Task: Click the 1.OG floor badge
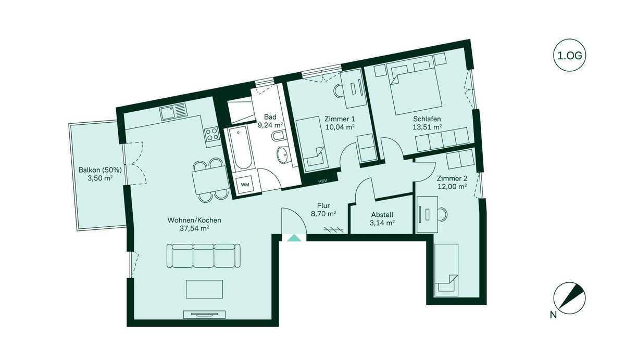(x=569, y=55)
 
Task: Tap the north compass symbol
(x=569, y=298)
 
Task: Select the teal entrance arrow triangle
(x=294, y=238)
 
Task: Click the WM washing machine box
(x=245, y=185)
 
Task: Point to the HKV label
(x=322, y=181)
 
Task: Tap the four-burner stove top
(x=211, y=134)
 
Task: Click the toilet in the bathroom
(x=279, y=137)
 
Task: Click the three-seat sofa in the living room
(x=204, y=256)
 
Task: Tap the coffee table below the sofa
(x=205, y=289)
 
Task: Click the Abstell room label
(x=382, y=215)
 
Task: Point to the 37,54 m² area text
(x=194, y=228)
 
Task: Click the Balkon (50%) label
(x=100, y=170)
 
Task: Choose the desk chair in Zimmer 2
(x=442, y=214)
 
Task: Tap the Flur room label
(x=323, y=205)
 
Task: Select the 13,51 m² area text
(x=427, y=127)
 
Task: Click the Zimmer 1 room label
(x=340, y=119)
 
